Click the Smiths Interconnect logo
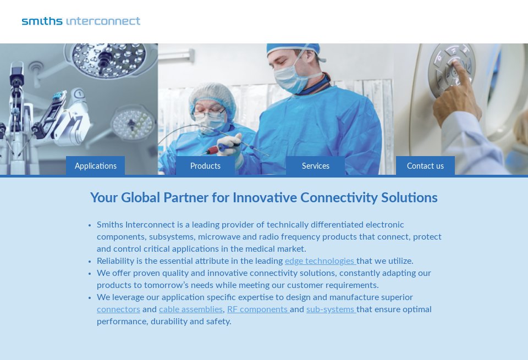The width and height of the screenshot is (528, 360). click(81, 21)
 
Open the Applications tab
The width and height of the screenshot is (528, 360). click(96, 166)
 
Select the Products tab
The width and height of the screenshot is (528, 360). click(205, 166)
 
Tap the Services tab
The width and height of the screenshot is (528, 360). click(316, 166)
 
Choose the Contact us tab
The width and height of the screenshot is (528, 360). click(425, 166)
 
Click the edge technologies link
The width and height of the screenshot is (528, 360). click(320, 261)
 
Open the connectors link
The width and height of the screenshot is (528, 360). click(118, 309)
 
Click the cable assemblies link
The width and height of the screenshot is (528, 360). click(191, 309)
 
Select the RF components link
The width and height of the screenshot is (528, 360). click(257, 309)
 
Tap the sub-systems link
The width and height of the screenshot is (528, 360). click(330, 309)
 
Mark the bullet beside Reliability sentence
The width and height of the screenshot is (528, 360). click(90, 262)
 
